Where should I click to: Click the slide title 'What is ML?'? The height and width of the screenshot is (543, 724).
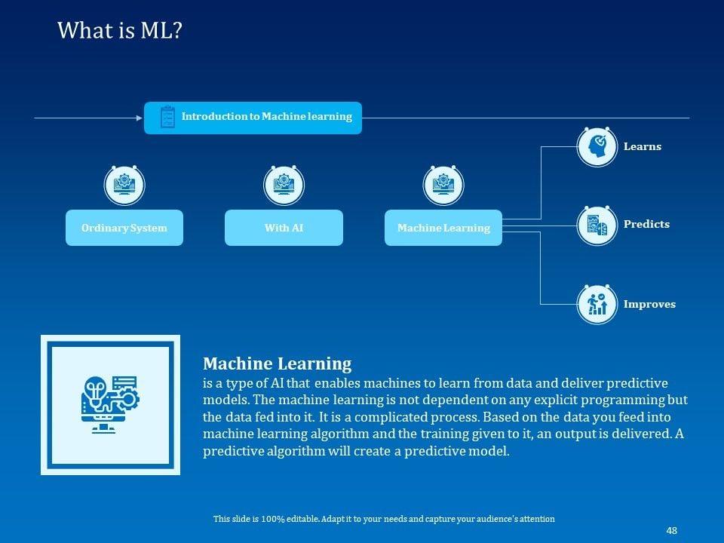point(119,31)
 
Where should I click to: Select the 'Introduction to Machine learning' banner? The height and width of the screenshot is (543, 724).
point(253,118)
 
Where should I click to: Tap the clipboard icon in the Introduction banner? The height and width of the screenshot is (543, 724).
point(167,118)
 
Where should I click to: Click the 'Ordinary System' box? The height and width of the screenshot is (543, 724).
point(124,228)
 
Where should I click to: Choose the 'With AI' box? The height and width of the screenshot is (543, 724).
point(284,228)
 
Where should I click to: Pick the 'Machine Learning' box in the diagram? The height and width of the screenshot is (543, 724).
point(443,228)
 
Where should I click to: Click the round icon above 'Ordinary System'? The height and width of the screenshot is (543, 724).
point(124,183)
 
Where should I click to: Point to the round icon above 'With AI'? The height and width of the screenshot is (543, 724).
point(284,183)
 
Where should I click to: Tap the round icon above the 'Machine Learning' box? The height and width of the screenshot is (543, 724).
point(443,183)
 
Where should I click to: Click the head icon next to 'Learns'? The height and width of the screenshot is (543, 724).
point(597,146)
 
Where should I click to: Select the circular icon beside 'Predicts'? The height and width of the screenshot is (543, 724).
point(597,225)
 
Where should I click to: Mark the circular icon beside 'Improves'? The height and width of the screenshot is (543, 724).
point(597,304)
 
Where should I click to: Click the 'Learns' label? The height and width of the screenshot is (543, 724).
point(643,147)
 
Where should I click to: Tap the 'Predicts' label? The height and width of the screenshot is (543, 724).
point(646,225)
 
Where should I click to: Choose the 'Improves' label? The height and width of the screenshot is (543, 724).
point(649,305)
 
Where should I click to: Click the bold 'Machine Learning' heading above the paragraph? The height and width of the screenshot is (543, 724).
point(277,364)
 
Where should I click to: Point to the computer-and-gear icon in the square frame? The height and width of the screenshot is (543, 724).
point(110,404)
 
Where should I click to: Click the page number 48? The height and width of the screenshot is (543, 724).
point(671,531)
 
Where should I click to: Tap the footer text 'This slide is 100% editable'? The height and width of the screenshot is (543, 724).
point(384,519)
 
